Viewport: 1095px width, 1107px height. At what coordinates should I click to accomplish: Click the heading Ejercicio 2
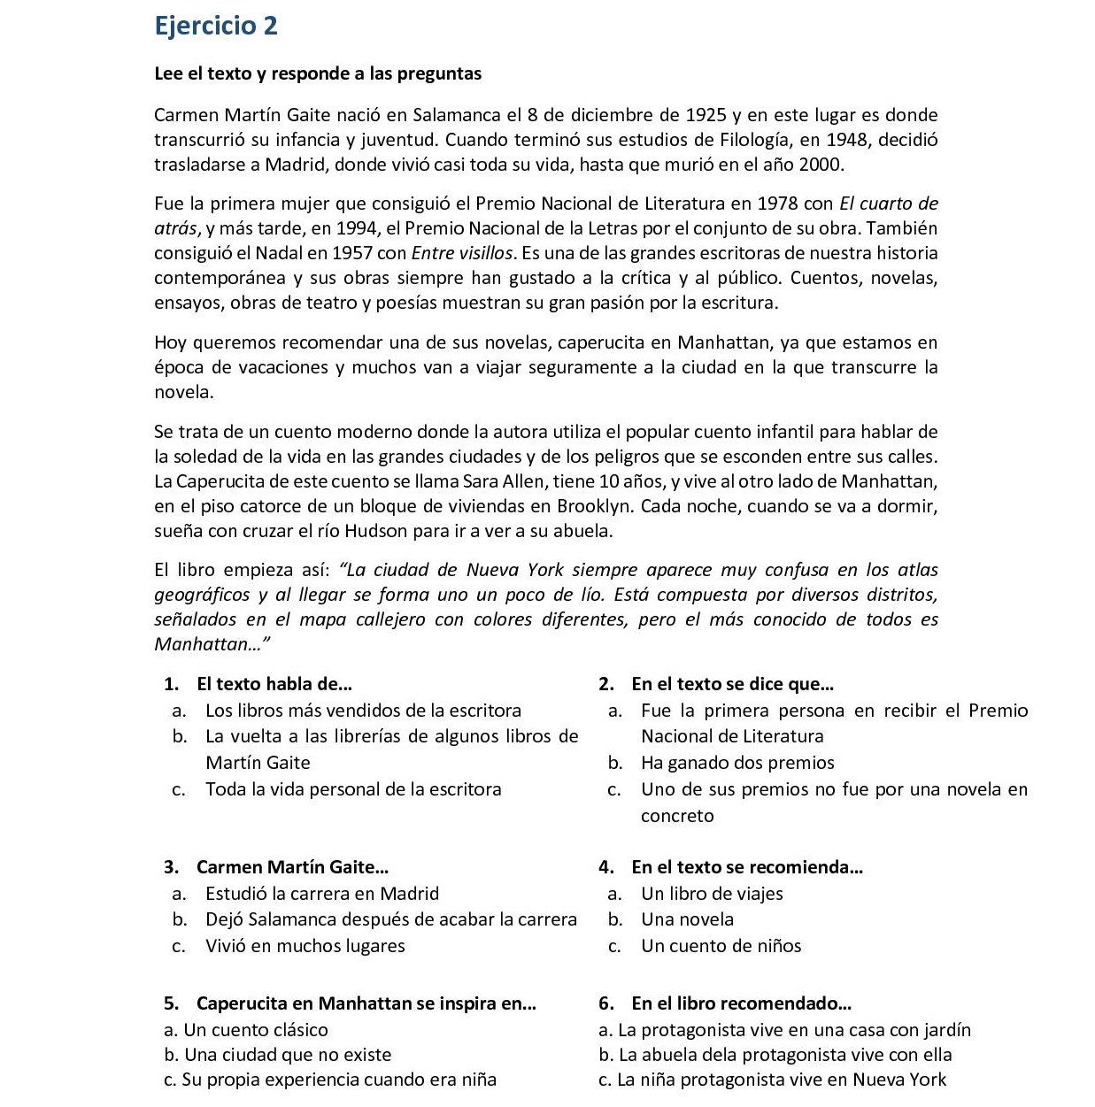coord(216,26)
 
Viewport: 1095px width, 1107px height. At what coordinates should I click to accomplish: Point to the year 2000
coord(820,165)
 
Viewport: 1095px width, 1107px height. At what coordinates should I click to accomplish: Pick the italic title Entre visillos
coord(463,253)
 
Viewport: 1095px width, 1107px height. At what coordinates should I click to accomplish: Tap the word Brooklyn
coord(595,506)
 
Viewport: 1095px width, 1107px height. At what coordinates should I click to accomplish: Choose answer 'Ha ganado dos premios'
coord(737,763)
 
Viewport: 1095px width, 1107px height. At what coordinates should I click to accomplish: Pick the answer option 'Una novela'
coord(687,919)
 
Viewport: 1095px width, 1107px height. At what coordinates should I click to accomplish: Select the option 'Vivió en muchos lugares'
coord(305,946)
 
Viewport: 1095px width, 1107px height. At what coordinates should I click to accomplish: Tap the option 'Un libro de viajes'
coord(712,894)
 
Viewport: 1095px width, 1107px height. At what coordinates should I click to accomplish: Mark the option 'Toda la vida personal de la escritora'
coord(353,789)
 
